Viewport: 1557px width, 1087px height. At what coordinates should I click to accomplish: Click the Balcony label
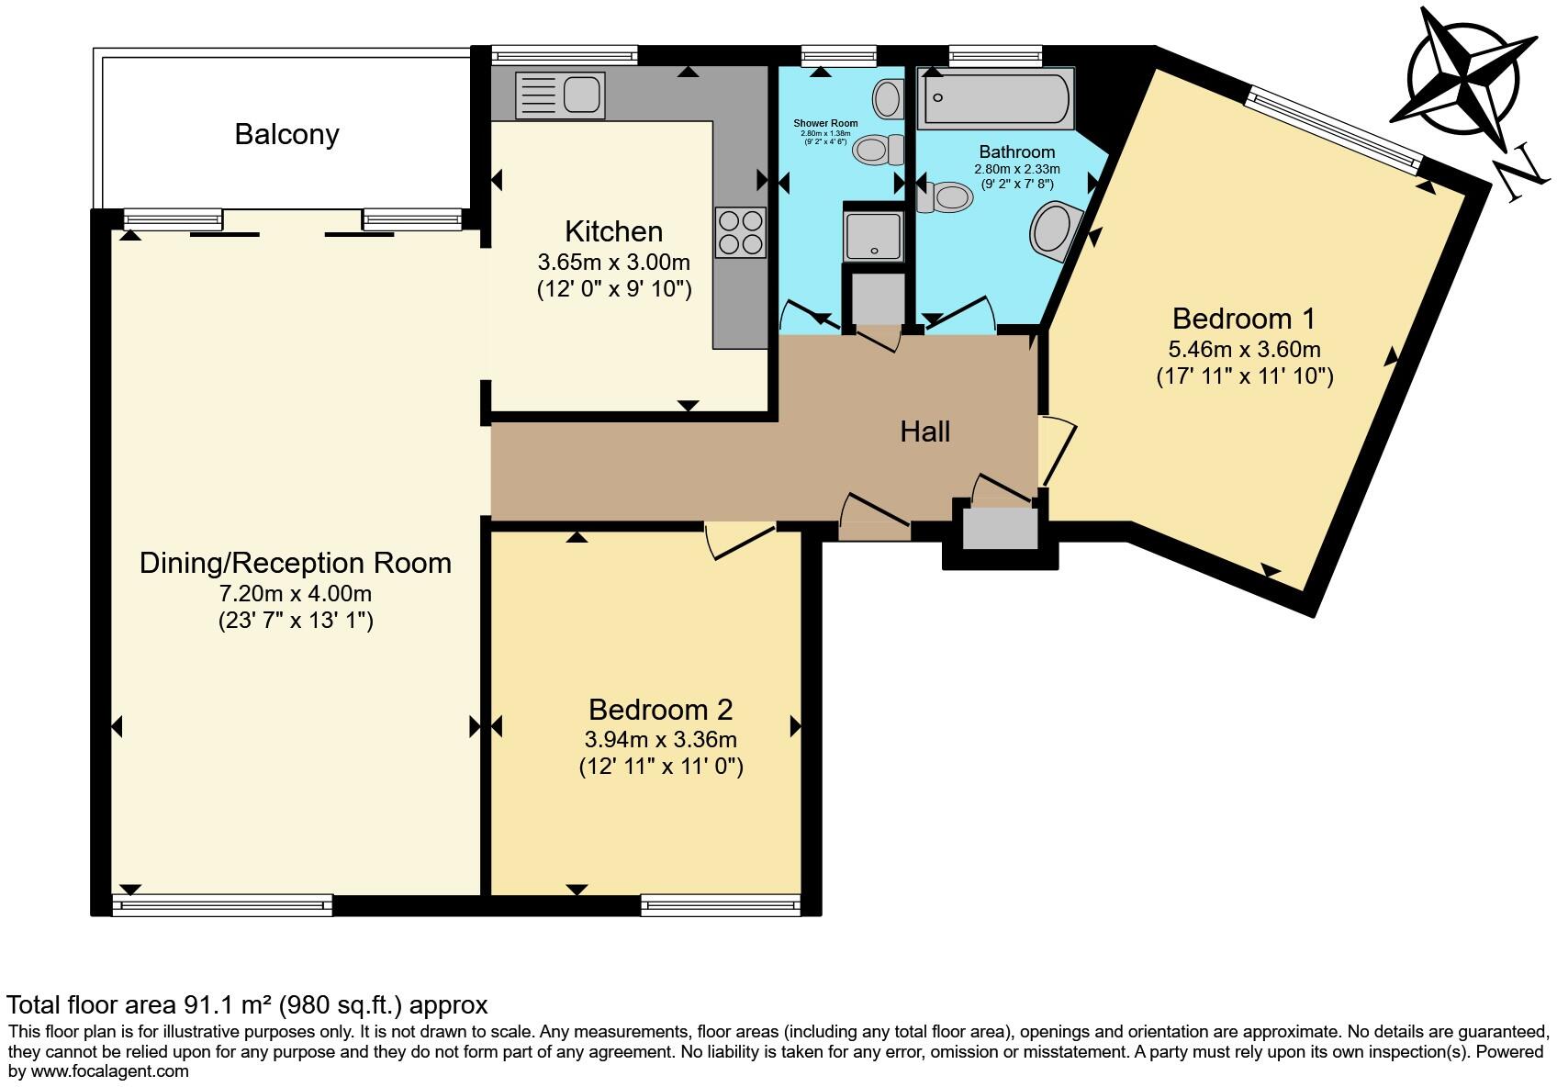[x=286, y=134]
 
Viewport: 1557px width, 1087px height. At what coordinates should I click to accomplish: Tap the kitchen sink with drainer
[x=560, y=95]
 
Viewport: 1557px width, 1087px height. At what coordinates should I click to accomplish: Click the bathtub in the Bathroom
[x=996, y=98]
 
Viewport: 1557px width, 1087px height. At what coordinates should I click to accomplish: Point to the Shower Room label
[x=825, y=123]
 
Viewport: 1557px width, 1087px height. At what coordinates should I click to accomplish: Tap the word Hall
[x=924, y=431]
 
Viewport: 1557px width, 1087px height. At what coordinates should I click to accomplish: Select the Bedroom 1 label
[x=1244, y=319]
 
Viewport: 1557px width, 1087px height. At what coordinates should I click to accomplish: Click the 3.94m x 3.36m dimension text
[x=660, y=739]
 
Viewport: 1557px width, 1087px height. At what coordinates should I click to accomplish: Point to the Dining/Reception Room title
[x=296, y=563]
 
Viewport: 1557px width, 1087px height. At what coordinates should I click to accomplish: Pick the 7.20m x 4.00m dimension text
[x=296, y=594]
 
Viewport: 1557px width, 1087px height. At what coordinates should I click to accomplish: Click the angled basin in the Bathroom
[x=1055, y=230]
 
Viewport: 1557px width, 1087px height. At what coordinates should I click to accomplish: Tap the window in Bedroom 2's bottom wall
[x=720, y=905]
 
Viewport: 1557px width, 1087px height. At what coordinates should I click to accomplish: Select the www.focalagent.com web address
[x=110, y=1071]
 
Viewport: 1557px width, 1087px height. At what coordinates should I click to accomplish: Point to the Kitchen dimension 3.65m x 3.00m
[x=614, y=262]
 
